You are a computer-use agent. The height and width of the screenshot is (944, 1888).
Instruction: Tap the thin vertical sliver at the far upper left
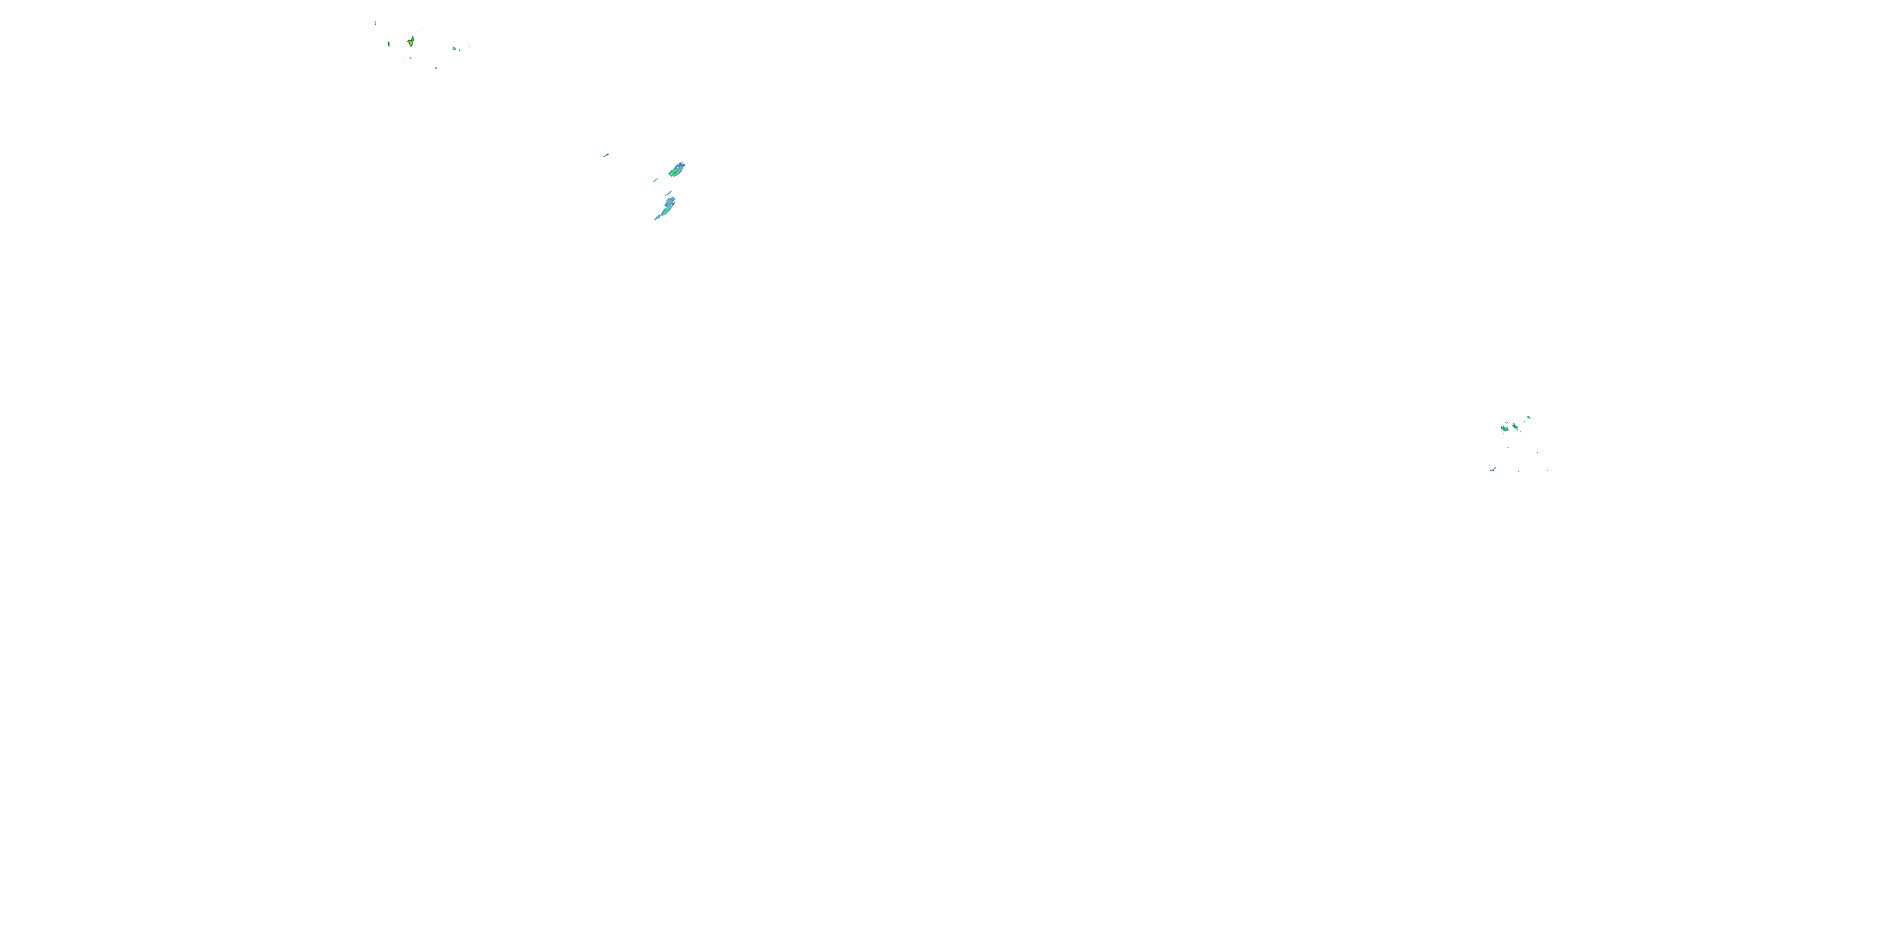coord(376,23)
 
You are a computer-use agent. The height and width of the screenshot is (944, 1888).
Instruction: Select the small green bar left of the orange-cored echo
coord(389,44)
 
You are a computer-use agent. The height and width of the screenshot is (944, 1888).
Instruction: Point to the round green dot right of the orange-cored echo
coord(454,48)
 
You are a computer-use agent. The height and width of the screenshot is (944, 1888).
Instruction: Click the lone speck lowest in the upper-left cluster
coord(436,68)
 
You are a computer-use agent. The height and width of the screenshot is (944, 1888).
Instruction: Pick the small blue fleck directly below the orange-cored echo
coord(410,58)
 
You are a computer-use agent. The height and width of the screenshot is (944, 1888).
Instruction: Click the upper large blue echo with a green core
coord(677,170)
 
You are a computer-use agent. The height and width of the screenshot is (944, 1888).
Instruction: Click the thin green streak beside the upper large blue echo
coord(656,179)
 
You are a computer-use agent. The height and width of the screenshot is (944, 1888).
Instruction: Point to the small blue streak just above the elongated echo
coord(668,193)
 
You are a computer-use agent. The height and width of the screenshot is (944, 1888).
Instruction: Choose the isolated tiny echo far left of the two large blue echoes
coord(606,155)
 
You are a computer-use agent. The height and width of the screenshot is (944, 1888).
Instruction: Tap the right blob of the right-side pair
coord(1515,426)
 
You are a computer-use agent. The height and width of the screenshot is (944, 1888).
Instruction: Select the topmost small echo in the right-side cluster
coord(1529,417)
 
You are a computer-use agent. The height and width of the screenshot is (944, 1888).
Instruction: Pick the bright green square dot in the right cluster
coord(1537,452)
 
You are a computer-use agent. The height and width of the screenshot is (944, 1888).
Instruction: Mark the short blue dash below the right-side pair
coord(1509,446)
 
